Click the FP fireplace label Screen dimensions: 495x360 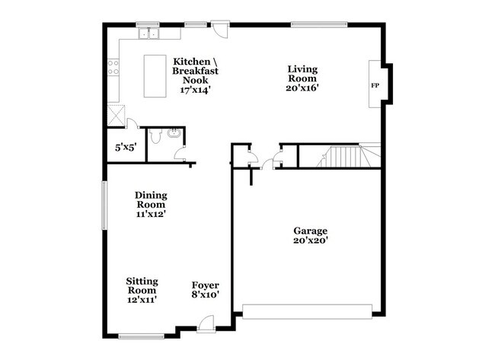pyautogui.click(x=375, y=85)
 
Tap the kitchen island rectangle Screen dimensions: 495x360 pyautogui.click(x=155, y=76)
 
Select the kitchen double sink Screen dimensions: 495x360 pyautogui.click(x=148, y=33)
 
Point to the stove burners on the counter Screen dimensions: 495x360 pyautogui.click(x=113, y=68)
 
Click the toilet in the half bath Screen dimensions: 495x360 pyautogui.click(x=155, y=136)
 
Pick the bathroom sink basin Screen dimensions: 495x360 pyautogui.click(x=174, y=133)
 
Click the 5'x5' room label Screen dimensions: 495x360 pyautogui.click(x=126, y=147)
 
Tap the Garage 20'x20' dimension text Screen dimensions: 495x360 pyautogui.click(x=311, y=241)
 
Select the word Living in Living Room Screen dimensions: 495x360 pyautogui.click(x=302, y=69)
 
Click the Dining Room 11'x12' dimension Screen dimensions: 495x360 pyautogui.click(x=152, y=214)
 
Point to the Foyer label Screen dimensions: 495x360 pyautogui.click(x=205, y=285)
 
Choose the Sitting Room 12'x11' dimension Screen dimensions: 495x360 pyautogui.click(x=142, y=299)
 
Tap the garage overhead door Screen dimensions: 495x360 pyautogui.click(x=307, y=312)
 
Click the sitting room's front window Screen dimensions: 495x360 pyautogui.click(x=141, y=336)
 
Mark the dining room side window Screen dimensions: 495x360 pyautogui.click(x=104, y=205)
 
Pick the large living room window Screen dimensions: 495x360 pyautogui.click(x=319, y=24)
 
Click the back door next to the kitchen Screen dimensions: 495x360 pyautogui.click(x=220, y=30)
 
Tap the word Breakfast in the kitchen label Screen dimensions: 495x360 pyautogui.click(x=195, y=71)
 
